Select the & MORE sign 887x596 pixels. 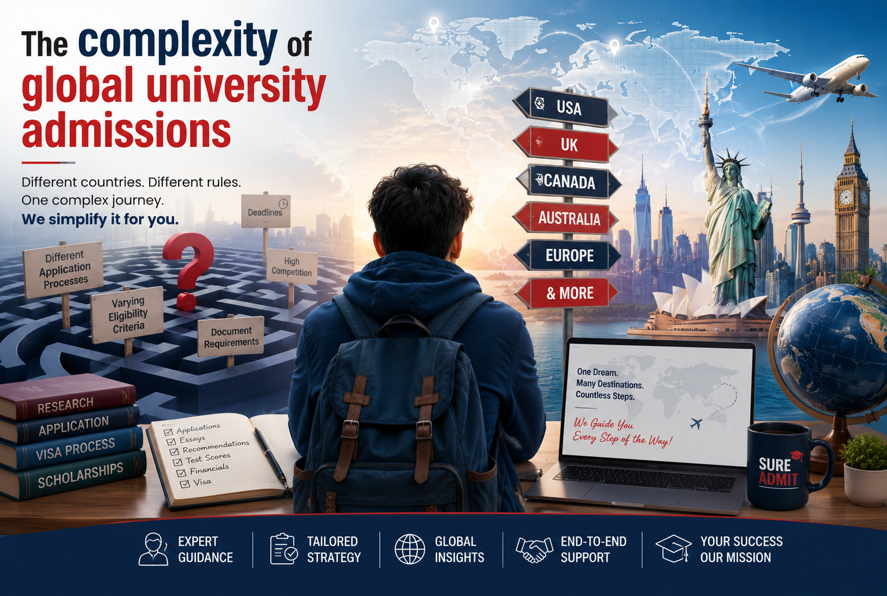566,293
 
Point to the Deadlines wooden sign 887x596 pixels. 266,210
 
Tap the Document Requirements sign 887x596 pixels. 231,336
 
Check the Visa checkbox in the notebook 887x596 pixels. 184,484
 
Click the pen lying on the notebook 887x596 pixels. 272,459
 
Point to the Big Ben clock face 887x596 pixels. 845,197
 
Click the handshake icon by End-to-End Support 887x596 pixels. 534,549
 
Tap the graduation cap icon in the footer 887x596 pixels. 674,548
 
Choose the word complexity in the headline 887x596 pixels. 180,43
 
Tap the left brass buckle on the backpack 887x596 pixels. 351,429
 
